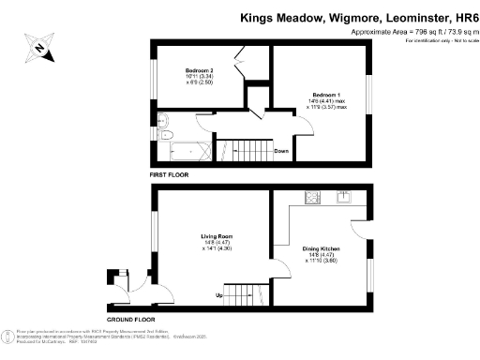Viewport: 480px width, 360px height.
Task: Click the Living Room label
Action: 217,235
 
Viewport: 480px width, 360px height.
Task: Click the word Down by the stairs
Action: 280,151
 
